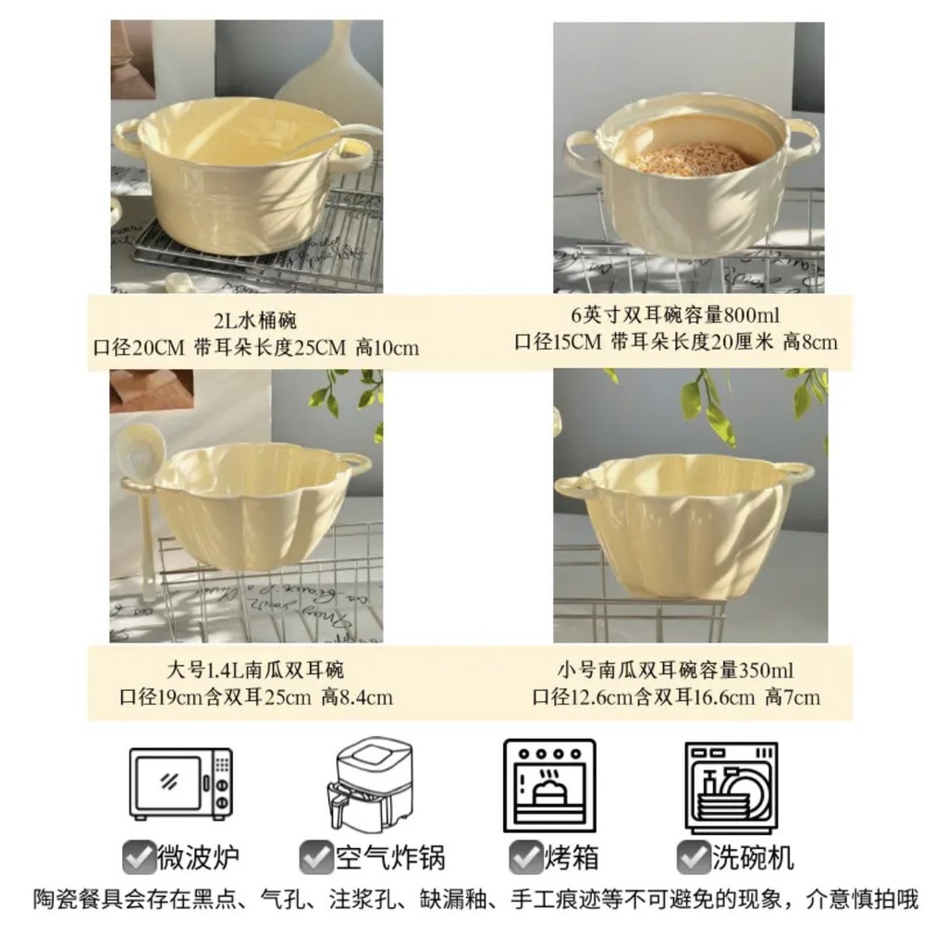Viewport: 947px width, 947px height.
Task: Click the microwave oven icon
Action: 181,783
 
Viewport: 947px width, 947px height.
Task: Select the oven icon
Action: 549,786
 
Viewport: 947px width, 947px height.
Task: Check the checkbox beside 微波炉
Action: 139,857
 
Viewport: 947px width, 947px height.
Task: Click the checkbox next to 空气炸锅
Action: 316,857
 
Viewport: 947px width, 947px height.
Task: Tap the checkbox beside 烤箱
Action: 525,857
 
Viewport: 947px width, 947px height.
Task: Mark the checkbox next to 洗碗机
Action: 694,857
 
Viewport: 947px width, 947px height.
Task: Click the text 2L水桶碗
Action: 255,320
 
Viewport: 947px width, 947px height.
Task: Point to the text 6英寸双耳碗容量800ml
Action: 675,315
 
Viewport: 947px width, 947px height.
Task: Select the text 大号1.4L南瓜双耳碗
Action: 255,670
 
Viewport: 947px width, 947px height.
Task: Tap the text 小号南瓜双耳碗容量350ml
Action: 675,670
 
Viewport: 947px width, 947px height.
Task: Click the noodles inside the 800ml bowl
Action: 683,157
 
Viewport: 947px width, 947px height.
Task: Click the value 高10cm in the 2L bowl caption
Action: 387,349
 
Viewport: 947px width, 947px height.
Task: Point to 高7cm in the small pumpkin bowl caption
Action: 793,697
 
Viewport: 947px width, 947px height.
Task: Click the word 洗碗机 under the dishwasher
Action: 753,857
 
